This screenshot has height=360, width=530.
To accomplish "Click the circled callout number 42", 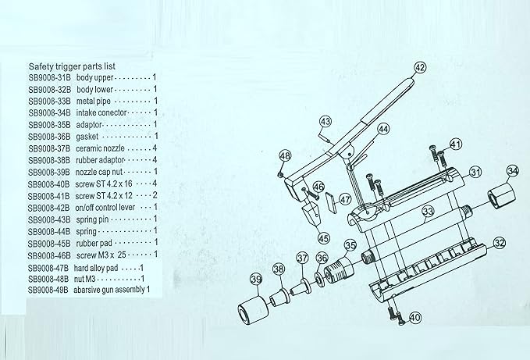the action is coord(419,68).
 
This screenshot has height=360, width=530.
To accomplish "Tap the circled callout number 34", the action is coord(513,171).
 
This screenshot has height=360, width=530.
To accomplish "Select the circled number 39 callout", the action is coord(256,280).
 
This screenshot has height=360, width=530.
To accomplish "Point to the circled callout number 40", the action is coord(415,317).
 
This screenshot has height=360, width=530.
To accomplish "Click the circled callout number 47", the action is coord(345,199).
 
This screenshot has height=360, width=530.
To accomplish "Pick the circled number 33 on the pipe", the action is coord(428,212).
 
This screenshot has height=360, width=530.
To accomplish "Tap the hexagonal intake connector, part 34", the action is coord(501,196).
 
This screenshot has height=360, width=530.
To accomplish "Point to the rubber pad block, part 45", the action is coord(311,215).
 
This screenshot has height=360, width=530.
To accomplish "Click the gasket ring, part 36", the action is coord(318,279).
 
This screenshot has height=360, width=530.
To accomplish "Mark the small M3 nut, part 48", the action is coord(280,174).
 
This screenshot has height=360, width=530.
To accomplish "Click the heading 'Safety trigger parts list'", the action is coord(72,66).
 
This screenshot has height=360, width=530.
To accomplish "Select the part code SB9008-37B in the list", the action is coord(49,148).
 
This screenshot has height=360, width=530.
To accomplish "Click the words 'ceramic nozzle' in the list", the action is coord(100,148).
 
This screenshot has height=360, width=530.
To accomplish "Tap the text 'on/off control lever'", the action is coord(105,208).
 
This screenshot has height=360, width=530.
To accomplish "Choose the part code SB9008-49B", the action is coord(48,290).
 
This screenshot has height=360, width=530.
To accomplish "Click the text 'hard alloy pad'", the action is coord(96,269).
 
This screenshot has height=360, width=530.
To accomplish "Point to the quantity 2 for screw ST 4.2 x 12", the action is coord(155,195).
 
